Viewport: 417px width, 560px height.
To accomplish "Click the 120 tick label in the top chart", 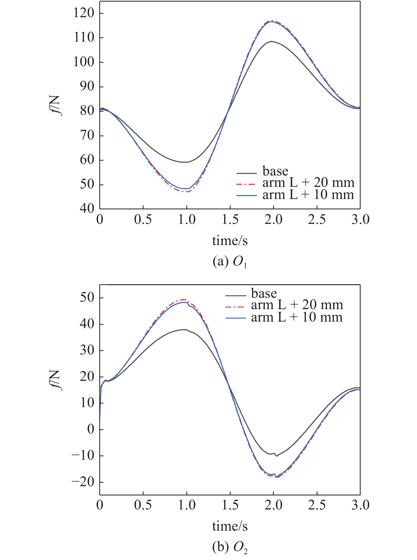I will coord(84,13).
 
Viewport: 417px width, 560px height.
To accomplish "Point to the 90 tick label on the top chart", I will coord(87,87).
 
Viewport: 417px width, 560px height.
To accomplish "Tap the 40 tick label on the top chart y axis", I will coord(87,209).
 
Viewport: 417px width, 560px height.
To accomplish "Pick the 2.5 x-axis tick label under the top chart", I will coord(317,220).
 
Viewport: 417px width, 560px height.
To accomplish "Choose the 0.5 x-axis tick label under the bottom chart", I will coord(143,505).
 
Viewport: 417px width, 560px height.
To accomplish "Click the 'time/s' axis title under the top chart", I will coord(230,241).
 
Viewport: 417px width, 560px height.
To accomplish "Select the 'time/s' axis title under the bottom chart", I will coord(230,526).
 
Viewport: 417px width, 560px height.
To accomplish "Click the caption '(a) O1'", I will coord(230,262).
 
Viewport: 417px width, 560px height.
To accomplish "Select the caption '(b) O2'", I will coord(230,547).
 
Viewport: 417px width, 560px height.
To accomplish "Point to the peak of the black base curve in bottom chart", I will coord(183,329).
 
